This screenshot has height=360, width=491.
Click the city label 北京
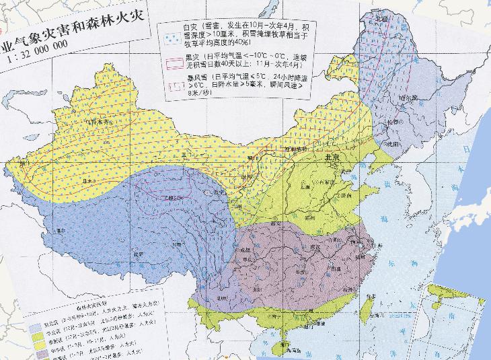tap(334, 156)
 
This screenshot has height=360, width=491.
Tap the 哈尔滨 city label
tap(406, 98)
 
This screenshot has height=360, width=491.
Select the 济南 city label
tap(344, 194)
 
